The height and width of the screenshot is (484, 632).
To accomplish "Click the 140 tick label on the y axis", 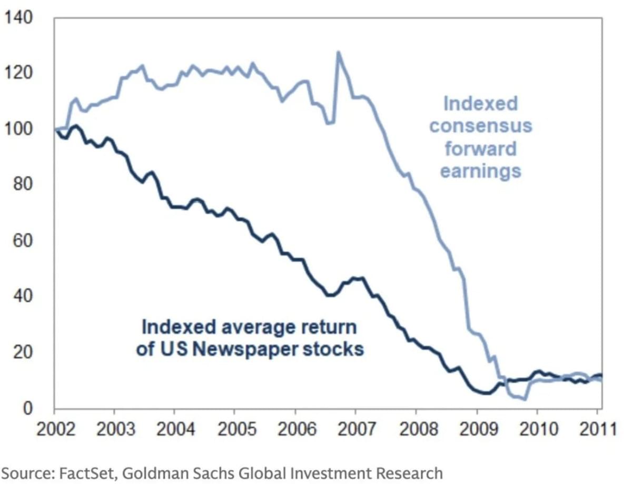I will pos(19,18).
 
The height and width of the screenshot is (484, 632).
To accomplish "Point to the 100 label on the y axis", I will pos(19,129).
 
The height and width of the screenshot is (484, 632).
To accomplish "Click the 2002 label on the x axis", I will pos(54,429).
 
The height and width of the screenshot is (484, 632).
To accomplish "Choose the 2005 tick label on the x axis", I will pos(234,429).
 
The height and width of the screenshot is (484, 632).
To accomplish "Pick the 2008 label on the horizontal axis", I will pos(416,429).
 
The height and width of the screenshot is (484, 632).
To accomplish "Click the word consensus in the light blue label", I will pos(480,126).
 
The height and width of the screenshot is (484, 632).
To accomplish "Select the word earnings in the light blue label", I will pos(480,171).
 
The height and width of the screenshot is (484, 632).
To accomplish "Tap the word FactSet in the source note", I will pos(84,473).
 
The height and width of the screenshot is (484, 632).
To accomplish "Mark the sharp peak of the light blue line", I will pos(338,52).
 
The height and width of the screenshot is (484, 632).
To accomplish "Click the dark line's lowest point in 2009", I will pos(487,393).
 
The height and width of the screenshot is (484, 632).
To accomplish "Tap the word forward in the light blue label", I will pos(480,149).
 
